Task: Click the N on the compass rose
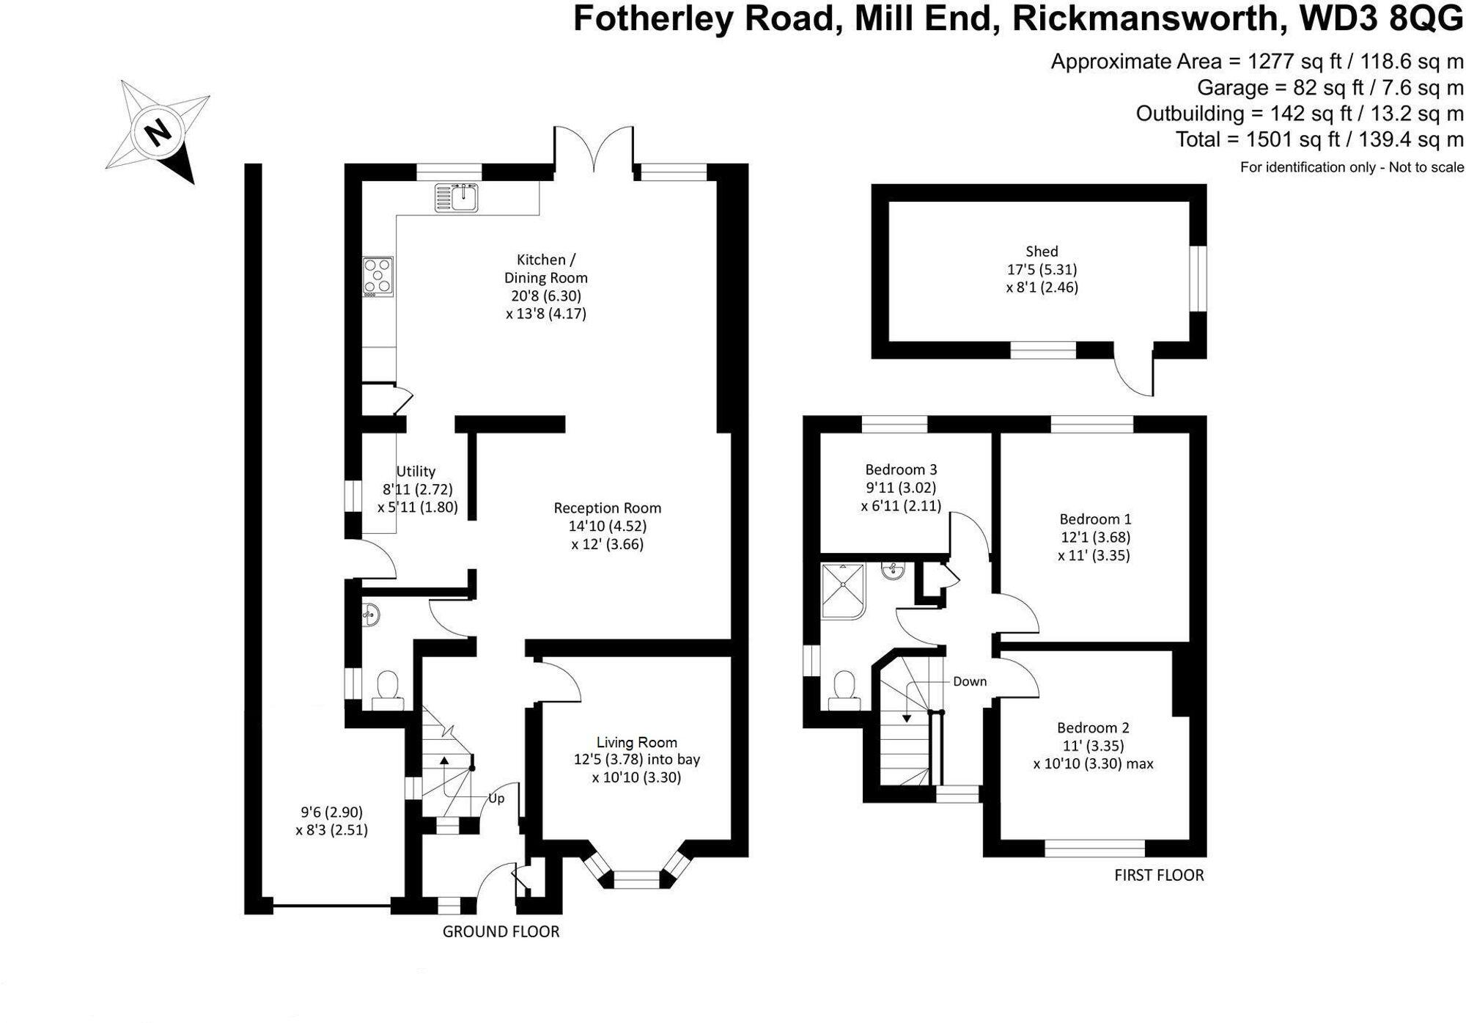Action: tap(157, 133)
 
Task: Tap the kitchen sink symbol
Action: tap(457, 197)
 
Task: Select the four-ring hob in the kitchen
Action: tap(378, 276)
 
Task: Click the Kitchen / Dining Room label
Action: tap(546, 268)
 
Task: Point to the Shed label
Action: tap(1042, 252)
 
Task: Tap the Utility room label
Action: tap(416, 472)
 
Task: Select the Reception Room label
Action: tap(607, 508)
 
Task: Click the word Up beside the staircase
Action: tap(496, 799)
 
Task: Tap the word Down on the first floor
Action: tap(969, 682)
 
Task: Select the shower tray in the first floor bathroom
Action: tap(843, 591)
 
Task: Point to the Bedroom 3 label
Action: tap(901, 469)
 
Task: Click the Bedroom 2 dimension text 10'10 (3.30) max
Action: tap(1093, 764)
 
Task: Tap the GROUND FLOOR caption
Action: tap(501, 932)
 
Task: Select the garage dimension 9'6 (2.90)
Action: tap(331, 813)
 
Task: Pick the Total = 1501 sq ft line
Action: tap(1319, 139)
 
